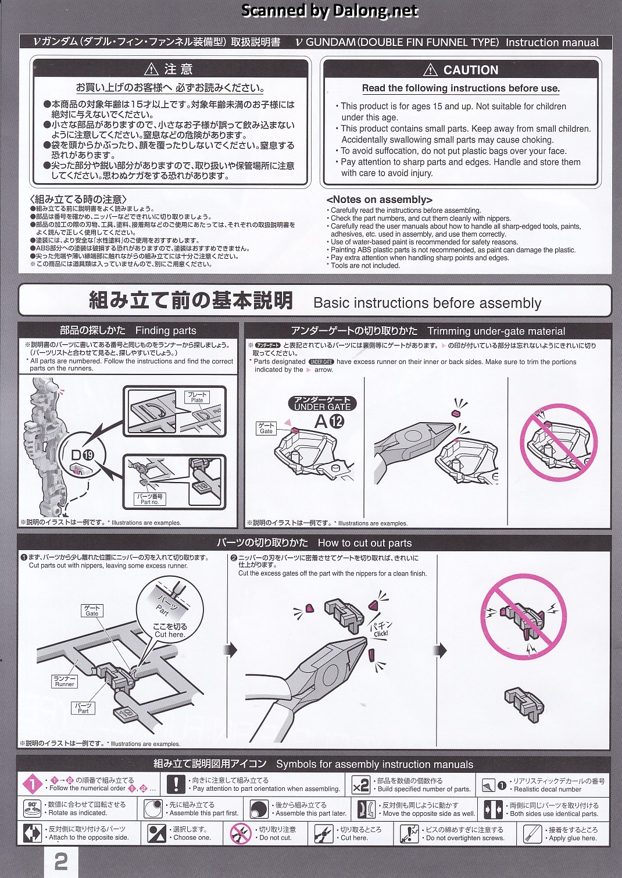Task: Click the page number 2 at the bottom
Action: coord(61,862)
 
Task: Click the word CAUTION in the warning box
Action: coord(471,70)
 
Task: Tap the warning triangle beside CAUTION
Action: coord(430,70)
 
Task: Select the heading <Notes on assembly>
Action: coord(379,199)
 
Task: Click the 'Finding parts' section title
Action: coord(166,330)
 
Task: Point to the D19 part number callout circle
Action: coord(83,454)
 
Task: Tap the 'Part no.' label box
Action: coord(150,499)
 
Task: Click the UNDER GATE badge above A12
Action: coord(322,404)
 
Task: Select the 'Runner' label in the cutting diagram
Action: coord(65,681)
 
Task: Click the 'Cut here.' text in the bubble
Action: coord(170,634)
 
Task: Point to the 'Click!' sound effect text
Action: coord(381,633)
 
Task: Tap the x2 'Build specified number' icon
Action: coord(360,785)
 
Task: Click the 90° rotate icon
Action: coord(33,809)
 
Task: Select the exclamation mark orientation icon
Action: coord(176,784)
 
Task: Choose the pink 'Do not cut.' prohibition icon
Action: coord(240,833)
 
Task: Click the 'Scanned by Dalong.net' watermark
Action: coord(329,10)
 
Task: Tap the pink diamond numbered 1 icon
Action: coord(33,784)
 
